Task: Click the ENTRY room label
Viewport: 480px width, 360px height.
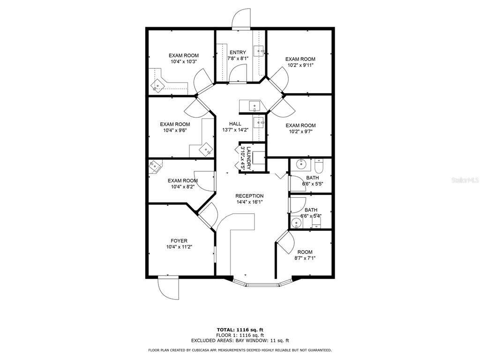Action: [x=238, y=52]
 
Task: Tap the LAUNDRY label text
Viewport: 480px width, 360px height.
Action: [x=248, y=158]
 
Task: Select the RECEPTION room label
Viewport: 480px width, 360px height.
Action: [x=249, y=196]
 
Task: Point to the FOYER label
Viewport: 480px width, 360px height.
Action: [x=179, y=241]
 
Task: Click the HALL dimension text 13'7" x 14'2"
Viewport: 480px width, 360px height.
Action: [x=235, y=129]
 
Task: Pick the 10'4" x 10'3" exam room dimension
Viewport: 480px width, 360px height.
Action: [x=184, y=61]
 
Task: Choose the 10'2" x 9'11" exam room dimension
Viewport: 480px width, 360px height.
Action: [x=300, y=65]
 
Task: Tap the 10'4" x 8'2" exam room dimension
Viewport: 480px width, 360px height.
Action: [x=183, y=187]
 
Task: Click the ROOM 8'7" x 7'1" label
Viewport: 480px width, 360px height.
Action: [x=305, y=255]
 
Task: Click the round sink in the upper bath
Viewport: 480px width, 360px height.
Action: [x=301, y=165]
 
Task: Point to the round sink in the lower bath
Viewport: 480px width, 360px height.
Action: [x=296, y=223]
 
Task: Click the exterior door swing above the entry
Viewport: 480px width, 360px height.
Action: [x=241, y=19]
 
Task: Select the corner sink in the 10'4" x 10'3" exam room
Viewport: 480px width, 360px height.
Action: [x=158, y=85]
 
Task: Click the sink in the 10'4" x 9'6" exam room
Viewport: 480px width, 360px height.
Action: [x=206, y=150]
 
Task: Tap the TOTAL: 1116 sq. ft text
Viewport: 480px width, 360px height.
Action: [x=240, y=330]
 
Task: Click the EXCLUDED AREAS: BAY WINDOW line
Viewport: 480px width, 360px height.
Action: [x=240, y=340]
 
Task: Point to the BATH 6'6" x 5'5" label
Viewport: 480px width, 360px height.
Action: [x=312, y=180]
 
